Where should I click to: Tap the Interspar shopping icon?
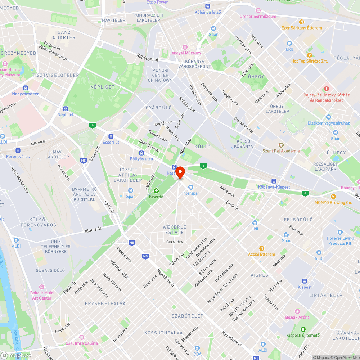click(x=191, y=187)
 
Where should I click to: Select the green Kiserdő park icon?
click(x=156, y=190)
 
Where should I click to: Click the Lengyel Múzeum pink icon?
click(x=185, y=47)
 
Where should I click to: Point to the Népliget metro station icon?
click(x=66, y=108)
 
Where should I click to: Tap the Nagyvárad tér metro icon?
click(x=25, y=87)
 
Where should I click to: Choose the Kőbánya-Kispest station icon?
click(x=274, y=181)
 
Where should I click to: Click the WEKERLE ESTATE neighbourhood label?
click(x=175, y=230)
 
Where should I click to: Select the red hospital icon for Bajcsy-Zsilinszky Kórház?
click(x=326, y=89)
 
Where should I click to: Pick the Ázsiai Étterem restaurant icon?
click(x=262, y=248)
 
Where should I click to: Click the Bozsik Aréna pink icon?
click(x=297, y=311)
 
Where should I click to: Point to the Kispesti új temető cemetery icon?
click(x=303, y=329)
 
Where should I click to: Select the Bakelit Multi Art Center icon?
click(x=42, y=287)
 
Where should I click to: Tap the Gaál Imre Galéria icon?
click(x=82, y=337)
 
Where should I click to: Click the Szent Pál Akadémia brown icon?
click(x=280, y=145)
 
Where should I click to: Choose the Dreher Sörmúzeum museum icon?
click(x=258, y=10)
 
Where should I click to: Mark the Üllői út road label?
click(x=233, y=205)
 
